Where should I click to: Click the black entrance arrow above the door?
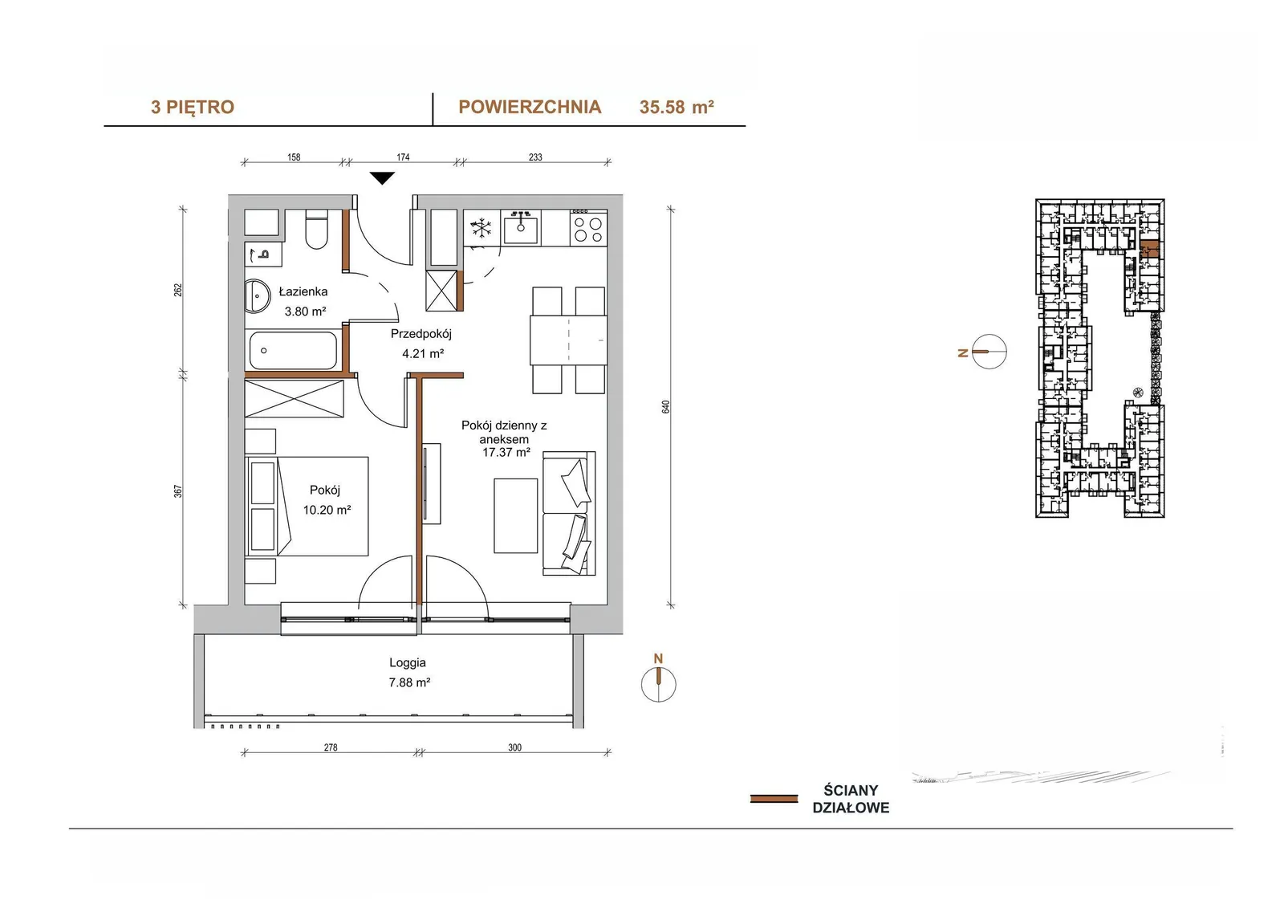click(x=382, y=177)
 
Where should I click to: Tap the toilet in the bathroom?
click(x=316, y=229)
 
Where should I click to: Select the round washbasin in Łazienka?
click(x=257, y=296)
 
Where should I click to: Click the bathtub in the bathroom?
click(x=293, y=350)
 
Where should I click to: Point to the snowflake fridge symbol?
click(x=481, y=228)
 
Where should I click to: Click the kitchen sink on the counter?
click(x=521, y=227)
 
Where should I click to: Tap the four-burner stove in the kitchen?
click(x=588, y=228)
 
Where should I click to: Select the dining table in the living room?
click(x=568, y=340)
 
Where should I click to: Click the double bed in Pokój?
click(x=307, y=506)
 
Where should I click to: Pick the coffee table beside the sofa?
click(x=515, y=515)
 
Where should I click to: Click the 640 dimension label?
click(x=665, y=407)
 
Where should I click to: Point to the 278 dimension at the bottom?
click(x=331, y=747)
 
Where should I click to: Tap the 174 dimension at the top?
click(x=403, y=157)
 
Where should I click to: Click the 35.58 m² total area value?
click(x=677, y=108)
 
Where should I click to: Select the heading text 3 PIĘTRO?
click(x=193, y=108)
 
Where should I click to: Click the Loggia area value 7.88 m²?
click(x=409, y=682)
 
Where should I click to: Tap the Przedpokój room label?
click(x=421, y=334)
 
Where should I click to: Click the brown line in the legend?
click(x=774, y=799)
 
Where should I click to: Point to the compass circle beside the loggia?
click(x=659, y=684)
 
